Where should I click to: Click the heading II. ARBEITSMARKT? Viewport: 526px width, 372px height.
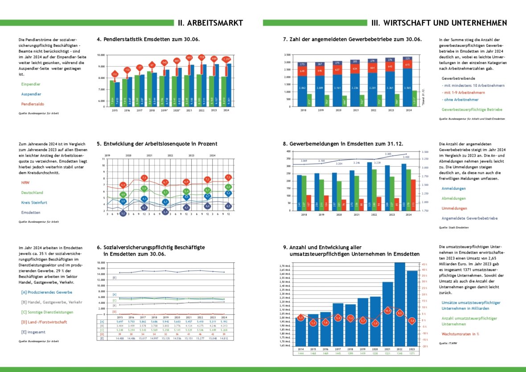(210, 23)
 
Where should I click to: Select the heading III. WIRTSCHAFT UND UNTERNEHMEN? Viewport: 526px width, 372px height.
(439, 23)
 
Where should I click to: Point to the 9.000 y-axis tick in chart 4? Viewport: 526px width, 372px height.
(102, 66)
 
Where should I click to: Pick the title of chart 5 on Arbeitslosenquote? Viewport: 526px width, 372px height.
(157, 144)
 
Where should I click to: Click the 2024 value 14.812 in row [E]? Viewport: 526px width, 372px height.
(224, 339)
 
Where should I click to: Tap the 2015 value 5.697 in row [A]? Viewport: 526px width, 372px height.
(119, 321)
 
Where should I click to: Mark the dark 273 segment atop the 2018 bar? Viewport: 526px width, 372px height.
(302, 64)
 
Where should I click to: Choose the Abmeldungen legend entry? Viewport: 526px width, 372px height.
(453, 198)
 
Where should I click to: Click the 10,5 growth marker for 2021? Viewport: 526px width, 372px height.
(387, 311)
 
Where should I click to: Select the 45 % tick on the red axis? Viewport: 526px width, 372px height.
(423, 264)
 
